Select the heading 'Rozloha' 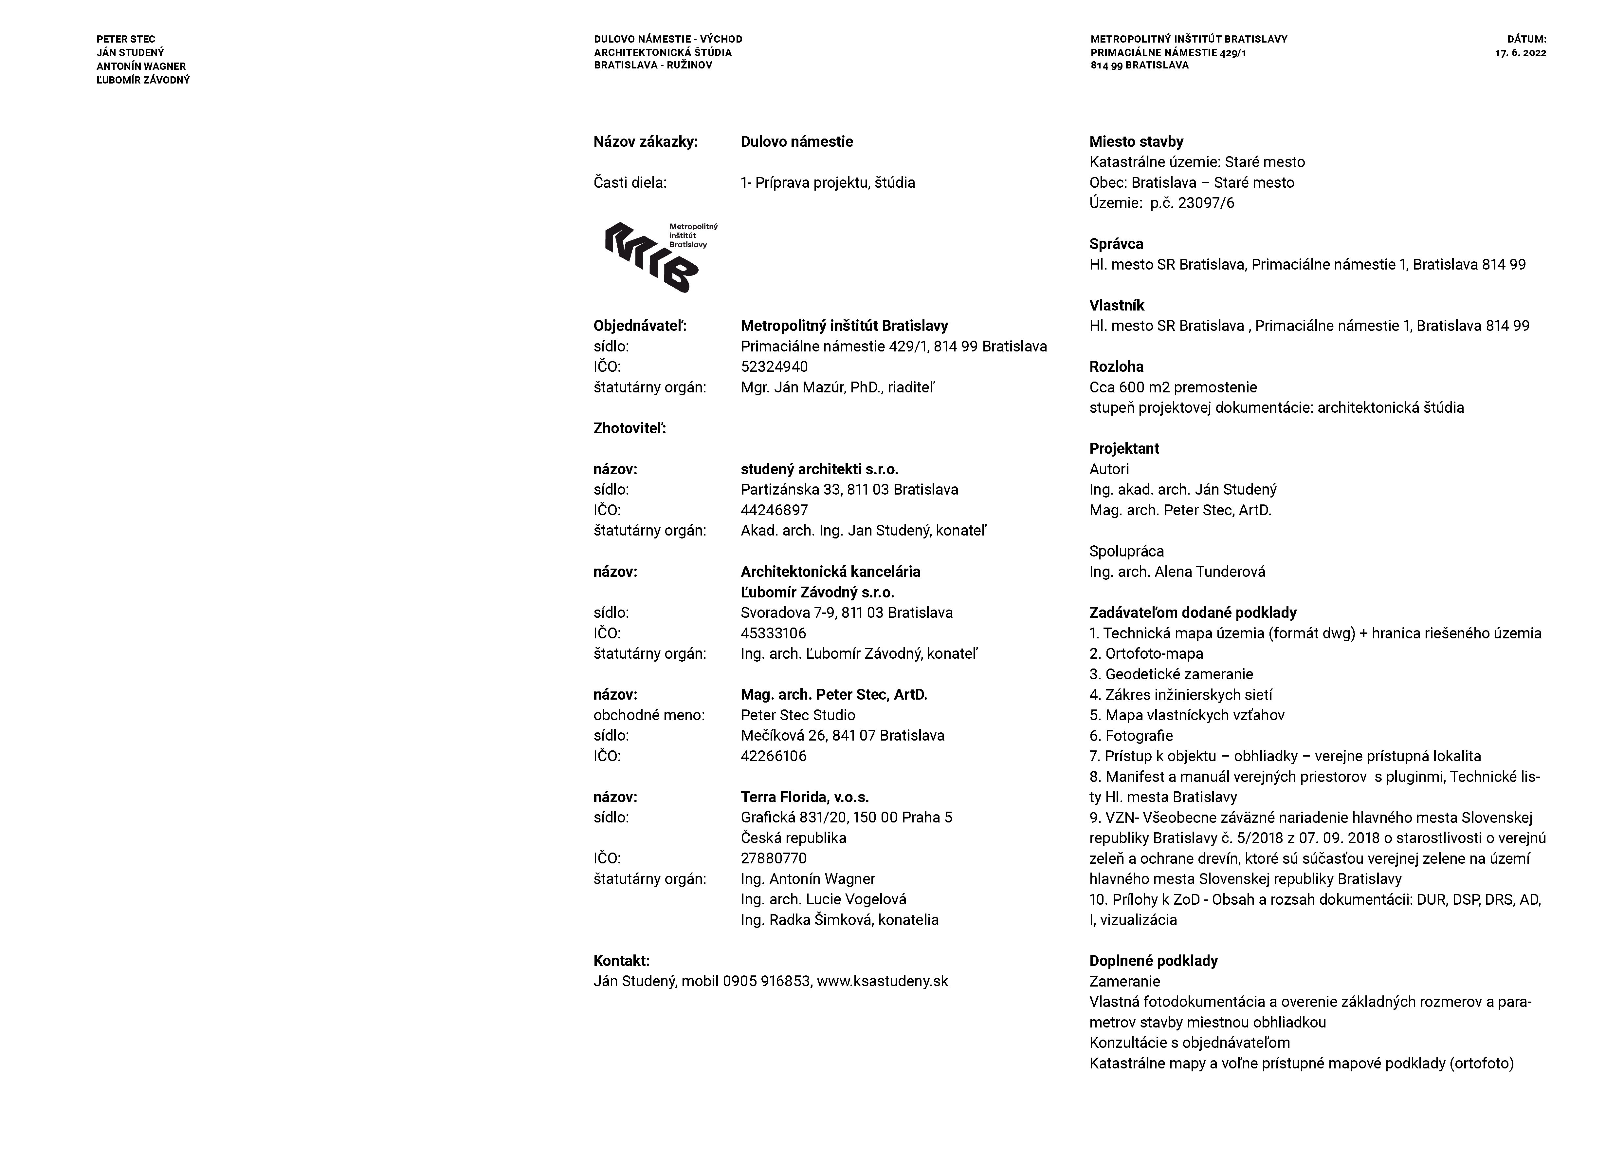coord(1116,367)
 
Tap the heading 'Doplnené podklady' coord(1153,961)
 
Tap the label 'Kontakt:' coord(621,961)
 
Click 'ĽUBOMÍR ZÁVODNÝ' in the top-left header coord(143,80)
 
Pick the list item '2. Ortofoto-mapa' coord(1146,654)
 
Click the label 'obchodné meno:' coord(648,715)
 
